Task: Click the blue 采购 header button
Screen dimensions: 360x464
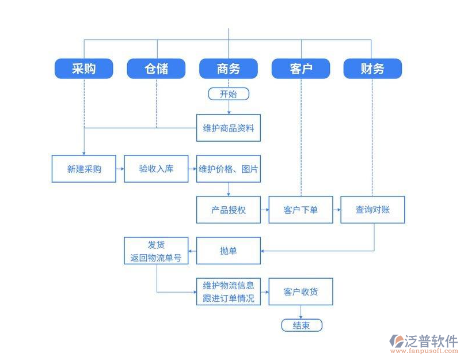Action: coord(84,69)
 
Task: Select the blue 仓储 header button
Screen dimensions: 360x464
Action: coord(156,69)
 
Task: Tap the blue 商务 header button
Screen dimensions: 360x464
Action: coord(229,69)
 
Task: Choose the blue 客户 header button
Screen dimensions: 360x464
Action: coord(301,69)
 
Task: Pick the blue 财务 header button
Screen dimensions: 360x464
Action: coord(372,69)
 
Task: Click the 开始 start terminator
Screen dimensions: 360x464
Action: coord(229,94)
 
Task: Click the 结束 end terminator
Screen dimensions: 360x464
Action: coord(301,325)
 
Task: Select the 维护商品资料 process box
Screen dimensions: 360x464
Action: coord(229,128)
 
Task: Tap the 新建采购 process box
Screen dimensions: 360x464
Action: coord(84,169)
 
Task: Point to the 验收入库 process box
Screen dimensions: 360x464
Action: coord(156,169)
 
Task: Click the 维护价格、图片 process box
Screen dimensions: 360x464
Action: coord(229,169)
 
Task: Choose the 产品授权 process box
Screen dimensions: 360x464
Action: coord(229,210)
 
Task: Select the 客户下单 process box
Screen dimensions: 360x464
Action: coord(301,210)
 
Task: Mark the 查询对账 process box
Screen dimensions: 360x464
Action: coord(372,210)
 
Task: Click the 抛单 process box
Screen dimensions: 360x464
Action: coord(229,251)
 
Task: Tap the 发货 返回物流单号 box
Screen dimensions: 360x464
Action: coord(156,251)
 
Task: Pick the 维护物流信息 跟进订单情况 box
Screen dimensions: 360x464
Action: coord(229,292)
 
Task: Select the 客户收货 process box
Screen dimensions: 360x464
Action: coord(301,292)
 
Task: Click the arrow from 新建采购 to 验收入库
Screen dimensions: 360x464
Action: coord(120,169)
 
